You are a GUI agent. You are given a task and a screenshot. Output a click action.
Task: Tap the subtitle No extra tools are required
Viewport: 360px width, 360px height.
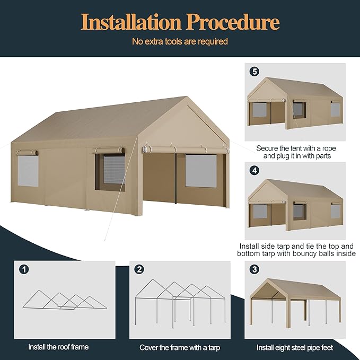(x=180, y=41)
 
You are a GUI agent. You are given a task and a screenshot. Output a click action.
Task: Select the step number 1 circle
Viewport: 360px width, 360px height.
(x=24, y=269)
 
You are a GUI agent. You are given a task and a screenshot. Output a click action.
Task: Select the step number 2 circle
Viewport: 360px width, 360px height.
(x=139, y=269)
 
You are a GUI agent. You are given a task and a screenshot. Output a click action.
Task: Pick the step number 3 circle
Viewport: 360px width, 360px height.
(x=255, y=269)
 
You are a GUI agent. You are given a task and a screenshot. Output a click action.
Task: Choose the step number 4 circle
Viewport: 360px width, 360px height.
(x=255, y=171)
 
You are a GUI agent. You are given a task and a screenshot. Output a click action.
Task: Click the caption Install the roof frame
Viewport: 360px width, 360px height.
(x=58, y=347)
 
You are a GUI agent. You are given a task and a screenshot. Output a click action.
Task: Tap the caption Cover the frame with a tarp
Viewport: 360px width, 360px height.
(x=180, y=347)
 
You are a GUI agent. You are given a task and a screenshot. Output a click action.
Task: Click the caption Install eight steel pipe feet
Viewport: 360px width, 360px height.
(x=295, y=347)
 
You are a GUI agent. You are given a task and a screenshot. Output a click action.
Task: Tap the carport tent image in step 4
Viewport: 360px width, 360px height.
(x=295, y=204)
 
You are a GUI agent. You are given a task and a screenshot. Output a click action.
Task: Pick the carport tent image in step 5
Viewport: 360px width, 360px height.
(x=295, y=104)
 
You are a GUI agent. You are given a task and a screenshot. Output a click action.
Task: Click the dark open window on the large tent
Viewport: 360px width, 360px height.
(x=110, y=172)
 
